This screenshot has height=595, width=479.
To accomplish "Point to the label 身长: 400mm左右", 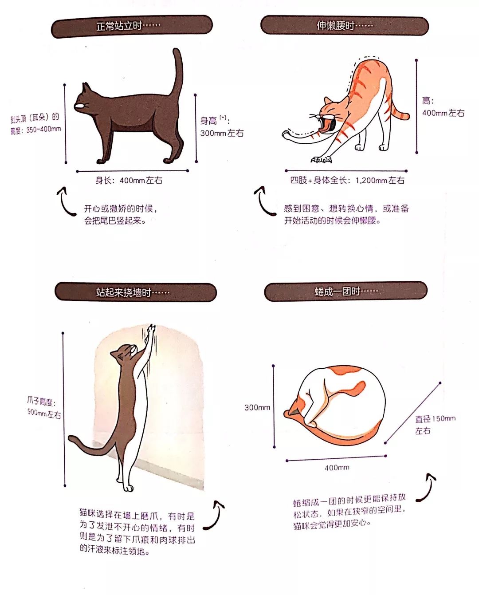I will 129,181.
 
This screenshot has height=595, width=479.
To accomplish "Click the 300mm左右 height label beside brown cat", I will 222,133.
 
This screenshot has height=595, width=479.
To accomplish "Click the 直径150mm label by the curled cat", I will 435,419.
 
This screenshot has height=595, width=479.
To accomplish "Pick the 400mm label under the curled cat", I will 337,468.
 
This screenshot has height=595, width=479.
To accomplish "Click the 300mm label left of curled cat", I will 257,407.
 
